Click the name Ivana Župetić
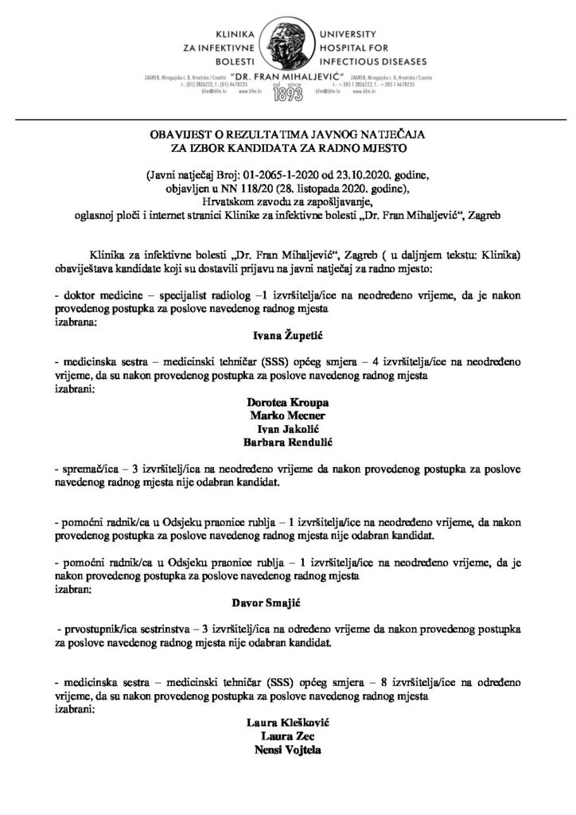point(288,337)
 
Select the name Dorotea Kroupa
point(288,404)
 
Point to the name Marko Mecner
point(288,416)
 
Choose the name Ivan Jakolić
point(288,430)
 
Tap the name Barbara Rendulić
point(288,443)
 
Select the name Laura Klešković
point(288,723)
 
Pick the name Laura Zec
point(288,737)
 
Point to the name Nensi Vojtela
point(288,751)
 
